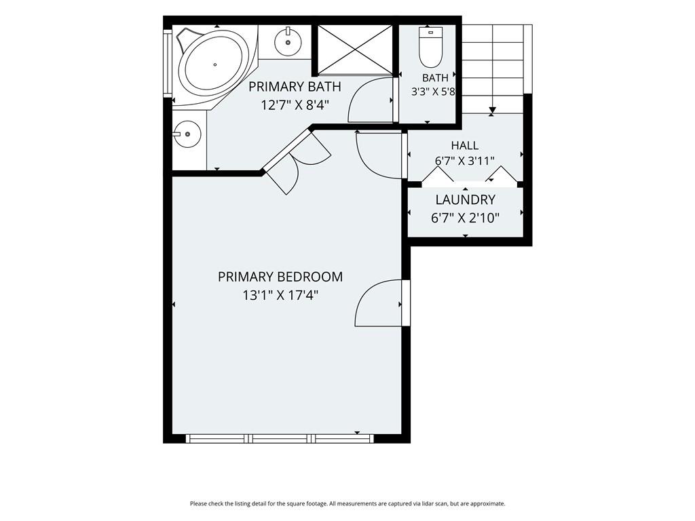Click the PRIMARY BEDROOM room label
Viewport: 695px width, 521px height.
click(x=280, y=277)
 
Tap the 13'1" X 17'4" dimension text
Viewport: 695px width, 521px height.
click(x=280, y=295)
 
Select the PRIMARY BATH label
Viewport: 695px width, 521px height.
click(x=295, y=86)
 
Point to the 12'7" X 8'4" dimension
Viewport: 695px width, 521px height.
click(x=295, y=105)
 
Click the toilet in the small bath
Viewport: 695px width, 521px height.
click(x=431, y=47)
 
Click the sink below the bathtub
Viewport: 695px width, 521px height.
click(x=187, y=134)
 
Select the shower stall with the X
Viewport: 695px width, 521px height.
click(x=355, y=49)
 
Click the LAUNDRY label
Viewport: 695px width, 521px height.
click(x=465, y=200)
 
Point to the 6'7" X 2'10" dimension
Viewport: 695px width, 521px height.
click(x=465, y=218)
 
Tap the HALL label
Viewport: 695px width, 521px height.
click(x=464, y=145)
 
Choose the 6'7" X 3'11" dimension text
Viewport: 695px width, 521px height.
click(x=464, y=160)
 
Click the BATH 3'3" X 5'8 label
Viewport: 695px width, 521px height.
click(x=434, y=85)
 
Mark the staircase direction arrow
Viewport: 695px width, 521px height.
click(x=492, y=110)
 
